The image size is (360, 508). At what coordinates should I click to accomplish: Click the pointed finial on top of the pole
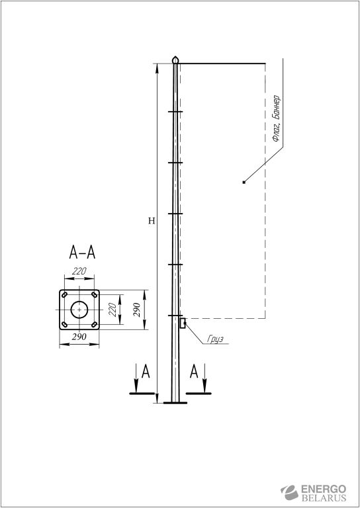pyautogui.click(x=175, y=60)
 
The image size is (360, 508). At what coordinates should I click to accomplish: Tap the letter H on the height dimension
pyautogui.click(x=152, y=221)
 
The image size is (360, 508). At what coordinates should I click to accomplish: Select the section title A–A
pyautogui.click(x=82, y=253)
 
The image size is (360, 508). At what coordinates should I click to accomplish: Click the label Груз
pyautogui.click(x=215, y=339)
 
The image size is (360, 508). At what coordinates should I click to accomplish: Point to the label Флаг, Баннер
pyautogui.click(x=276, y=118)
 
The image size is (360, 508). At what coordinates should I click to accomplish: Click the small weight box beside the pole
pyautogui.click(x=183, y=323)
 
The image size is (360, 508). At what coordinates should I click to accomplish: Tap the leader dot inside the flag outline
pyautogui.click(x=244, y=183)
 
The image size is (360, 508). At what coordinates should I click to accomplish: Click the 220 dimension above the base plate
pyautogui.click(x=79, y=271)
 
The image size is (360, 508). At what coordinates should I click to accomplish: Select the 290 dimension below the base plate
pyautogui.click(x=79, y=337)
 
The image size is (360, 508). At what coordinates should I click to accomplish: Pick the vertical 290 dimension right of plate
pyautogui.click(x=137, y=310)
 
